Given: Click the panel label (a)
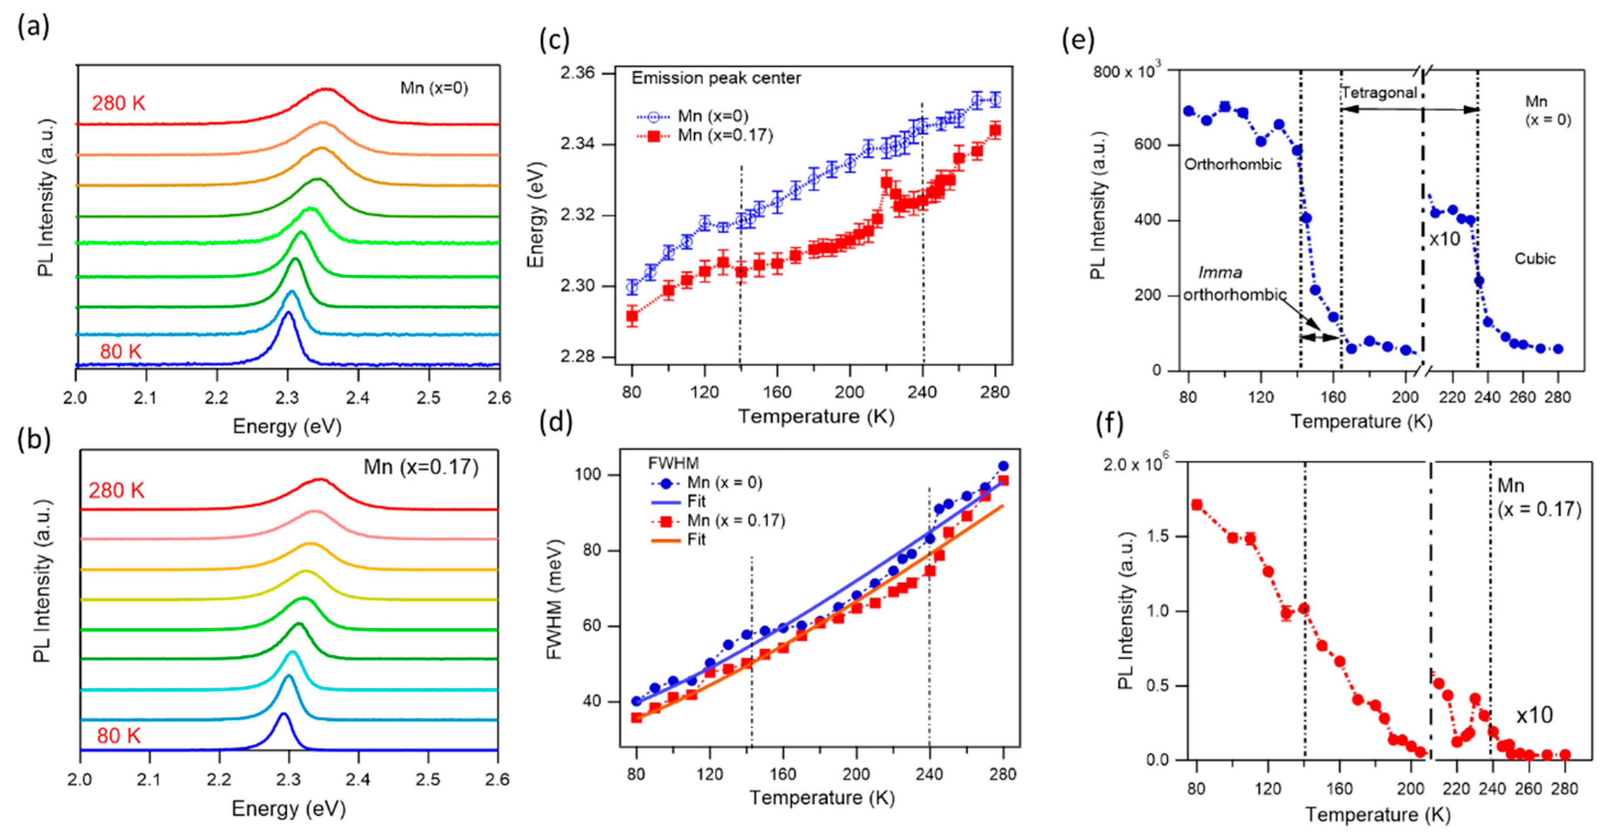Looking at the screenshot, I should (33, 27).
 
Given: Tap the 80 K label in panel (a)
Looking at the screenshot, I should (121, 352).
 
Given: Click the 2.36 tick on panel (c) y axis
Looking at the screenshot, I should (577, 74).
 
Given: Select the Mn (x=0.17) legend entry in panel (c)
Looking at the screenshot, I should (724, 135).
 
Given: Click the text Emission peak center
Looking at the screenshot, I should (716, 78).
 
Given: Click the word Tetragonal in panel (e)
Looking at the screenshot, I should (1379, 93).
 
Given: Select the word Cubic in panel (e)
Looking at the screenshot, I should (1535, 258).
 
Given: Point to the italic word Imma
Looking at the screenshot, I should (1219, 273).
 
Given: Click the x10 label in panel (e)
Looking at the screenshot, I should (1444, 239).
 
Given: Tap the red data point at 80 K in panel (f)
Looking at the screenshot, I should (1196, 505).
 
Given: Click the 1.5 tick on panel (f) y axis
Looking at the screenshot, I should (1158, 537).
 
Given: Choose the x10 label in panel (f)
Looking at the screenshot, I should (1534, 715).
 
